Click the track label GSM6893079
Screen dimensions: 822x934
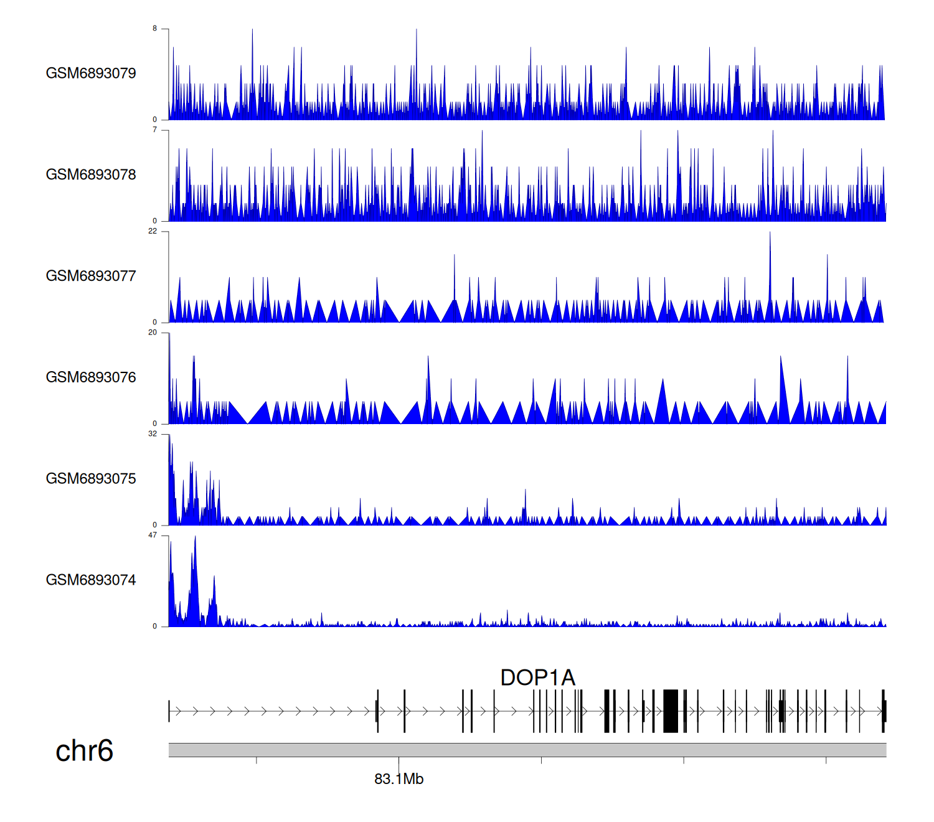(91, 73)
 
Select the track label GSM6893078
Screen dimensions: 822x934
(91, 175)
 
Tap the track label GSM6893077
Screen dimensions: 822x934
(91, 276)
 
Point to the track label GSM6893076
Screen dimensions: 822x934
(91, 378)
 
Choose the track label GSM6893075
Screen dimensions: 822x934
(91, 479)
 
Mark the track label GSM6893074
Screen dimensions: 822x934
(91, 580)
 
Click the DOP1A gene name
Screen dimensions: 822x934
(538, 678)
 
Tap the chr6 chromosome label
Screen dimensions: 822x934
(84, 751)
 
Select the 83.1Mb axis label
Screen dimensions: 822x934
(399, 780)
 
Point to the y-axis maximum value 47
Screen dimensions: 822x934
(153, 536)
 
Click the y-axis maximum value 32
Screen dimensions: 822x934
(153, 434)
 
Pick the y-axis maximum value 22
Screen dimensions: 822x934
(153, 231)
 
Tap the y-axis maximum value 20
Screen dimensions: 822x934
(153, 333)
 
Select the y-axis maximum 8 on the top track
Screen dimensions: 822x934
(155, 29)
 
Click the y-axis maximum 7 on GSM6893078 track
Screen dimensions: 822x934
(155, 130)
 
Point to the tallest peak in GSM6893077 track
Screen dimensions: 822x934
(770, 234)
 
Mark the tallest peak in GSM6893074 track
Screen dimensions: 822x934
(195, 538)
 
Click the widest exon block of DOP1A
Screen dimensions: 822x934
(671, 711)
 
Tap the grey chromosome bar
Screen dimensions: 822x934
(527, 750)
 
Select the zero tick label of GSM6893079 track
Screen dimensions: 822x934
(155, 120)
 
